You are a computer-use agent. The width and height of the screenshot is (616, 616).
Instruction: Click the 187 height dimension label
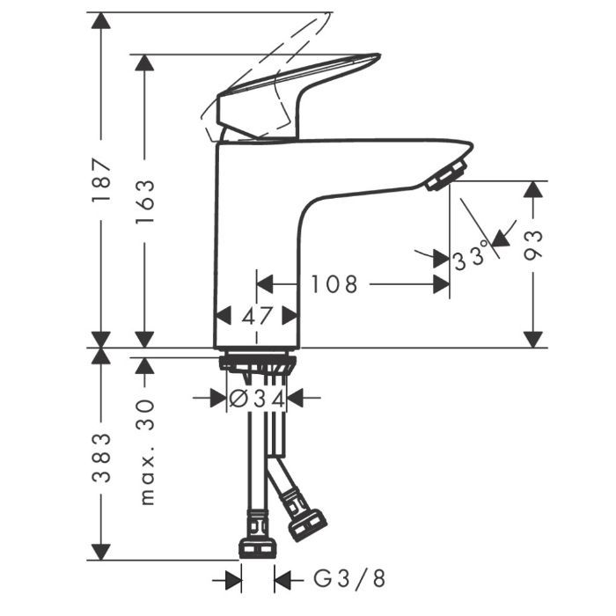[101, 180]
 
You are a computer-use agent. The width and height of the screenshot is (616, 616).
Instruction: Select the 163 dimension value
[144, 202]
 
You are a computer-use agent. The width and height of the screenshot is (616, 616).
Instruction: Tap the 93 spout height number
[533, 246]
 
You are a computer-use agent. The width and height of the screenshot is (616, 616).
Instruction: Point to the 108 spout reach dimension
[334, 284]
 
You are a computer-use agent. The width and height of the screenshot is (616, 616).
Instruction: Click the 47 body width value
[257, 316]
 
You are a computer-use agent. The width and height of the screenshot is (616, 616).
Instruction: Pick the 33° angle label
[471, 257]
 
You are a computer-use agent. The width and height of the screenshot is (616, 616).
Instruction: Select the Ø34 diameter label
[257, 400]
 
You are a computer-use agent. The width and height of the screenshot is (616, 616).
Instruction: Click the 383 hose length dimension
[101, 458]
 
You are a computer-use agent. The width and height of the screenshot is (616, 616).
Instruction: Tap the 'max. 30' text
[146, 451]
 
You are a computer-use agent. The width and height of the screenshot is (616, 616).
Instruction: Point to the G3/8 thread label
[349, 578]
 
